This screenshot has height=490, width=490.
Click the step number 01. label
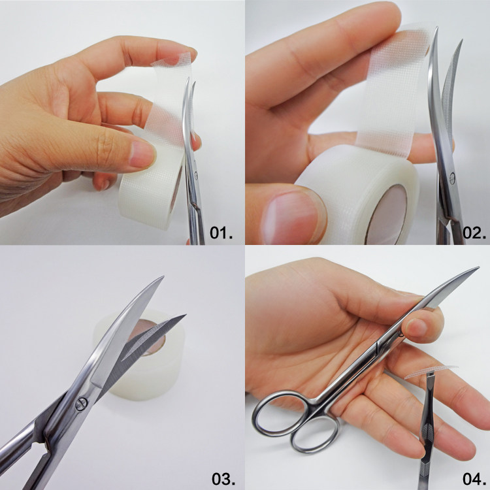(x=221, y=233)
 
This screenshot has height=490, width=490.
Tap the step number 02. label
(x=474, y=233)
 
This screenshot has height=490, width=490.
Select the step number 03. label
(x=223, y=478)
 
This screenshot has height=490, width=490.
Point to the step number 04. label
(x=474, y=478)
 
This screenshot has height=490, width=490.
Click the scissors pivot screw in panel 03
(x=81, y=404)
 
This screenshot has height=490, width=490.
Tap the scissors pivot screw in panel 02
(x=451, y=178)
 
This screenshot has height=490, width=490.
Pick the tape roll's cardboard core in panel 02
(x=387, y=216)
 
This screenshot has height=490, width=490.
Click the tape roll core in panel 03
(x=147, y=338)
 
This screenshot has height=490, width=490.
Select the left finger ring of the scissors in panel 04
(x=280, y=413)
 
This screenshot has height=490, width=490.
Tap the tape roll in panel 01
(x=150, y=188)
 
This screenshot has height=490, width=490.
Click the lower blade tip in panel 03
(x=185, y=316)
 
